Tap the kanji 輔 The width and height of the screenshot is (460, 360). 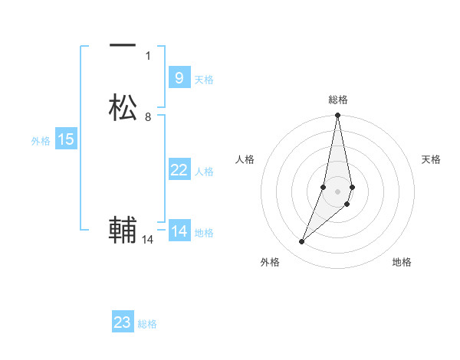(123, 230)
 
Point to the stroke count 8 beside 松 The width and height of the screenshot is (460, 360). (148, 117)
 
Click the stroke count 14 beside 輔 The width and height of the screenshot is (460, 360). (148, 240)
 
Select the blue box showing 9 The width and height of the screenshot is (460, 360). (179, 78)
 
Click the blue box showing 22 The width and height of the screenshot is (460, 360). (179, 170)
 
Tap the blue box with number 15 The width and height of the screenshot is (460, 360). (66, 139)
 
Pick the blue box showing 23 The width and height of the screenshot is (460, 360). (123, 322)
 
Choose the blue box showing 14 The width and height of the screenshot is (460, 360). (179, 231)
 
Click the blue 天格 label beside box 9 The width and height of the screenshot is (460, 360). (204, 80)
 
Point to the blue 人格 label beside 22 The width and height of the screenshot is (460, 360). (205, 172)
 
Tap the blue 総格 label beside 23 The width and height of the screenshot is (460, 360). (147, 324)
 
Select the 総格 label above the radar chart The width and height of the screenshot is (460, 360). (338, 100)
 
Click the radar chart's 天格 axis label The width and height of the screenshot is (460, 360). (431, 159)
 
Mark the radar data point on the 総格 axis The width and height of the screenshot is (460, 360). (338, 116)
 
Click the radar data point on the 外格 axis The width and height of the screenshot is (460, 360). (302, 242)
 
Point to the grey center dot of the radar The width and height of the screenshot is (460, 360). (338, 191)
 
